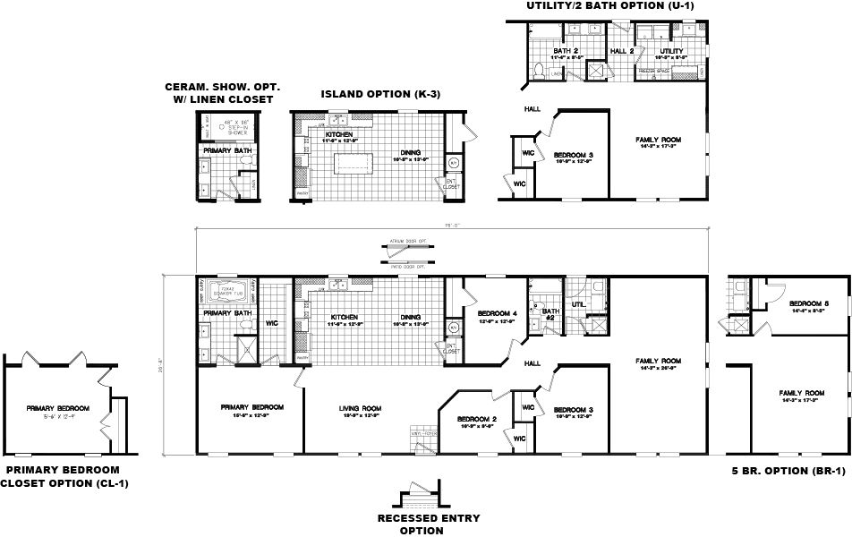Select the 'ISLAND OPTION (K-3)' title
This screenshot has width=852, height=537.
[381, 93]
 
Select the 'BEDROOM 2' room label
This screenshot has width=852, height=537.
[476, 420]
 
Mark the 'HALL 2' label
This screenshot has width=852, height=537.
[623, 51]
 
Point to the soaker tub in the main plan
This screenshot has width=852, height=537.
[232, 291]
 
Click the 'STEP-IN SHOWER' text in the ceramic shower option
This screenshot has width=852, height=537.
[227, 129]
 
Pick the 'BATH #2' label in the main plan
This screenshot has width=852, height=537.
[550, 314]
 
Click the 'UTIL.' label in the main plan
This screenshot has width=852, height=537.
[578, 304]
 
